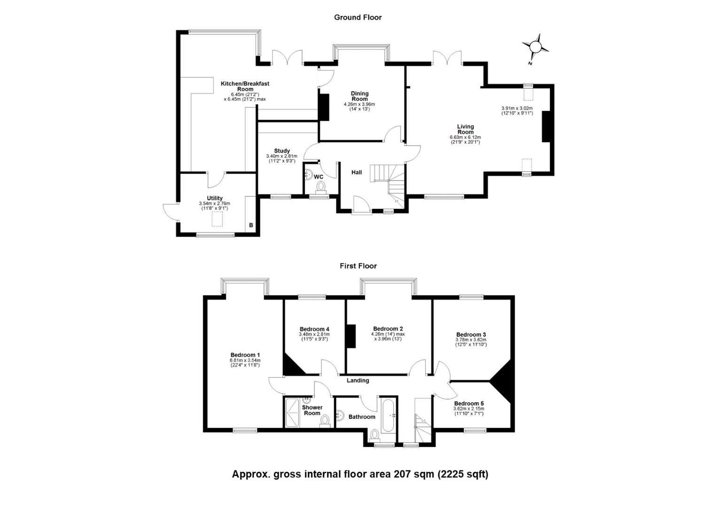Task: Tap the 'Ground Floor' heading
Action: tap(358, 17)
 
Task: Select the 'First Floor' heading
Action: tap(358, 266)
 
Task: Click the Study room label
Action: tap(282, 151)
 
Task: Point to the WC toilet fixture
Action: tap(321, 187)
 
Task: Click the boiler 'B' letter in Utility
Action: tap(251, 225)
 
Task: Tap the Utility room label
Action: tap(215, 198)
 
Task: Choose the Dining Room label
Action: tap(359, 96)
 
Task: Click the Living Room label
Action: tap(465, 129)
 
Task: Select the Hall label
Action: tap(357, 172)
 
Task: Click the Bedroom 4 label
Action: tap(314, 329)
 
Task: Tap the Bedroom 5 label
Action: tap(469, 403)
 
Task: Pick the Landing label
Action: tap(358, 380)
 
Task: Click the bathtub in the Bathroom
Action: tap(390, 416)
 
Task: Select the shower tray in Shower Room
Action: tap(292, 412)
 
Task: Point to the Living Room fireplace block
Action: tap(546, 126)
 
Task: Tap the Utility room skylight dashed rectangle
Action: tap(217, 219)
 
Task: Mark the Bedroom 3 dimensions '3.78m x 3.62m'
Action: tap(471, 339)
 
